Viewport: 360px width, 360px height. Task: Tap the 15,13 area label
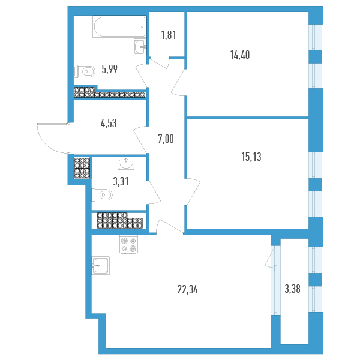pyautogui.click(x=250, y=157)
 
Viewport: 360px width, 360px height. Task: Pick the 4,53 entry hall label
pyautogui.click(x=108, y=124)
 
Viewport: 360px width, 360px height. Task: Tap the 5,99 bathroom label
pyautogui.click(x=109, y=68)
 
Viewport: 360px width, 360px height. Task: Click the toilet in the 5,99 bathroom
pyautogui.click(x=84, y=71)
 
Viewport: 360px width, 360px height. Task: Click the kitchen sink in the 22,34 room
pyautogui.click(x=100, y=265)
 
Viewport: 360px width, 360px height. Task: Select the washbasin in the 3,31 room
pyautogui.click(x=127, y=163)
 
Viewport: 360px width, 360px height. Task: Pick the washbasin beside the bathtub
pyautogui.click(x=140, y=46)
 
